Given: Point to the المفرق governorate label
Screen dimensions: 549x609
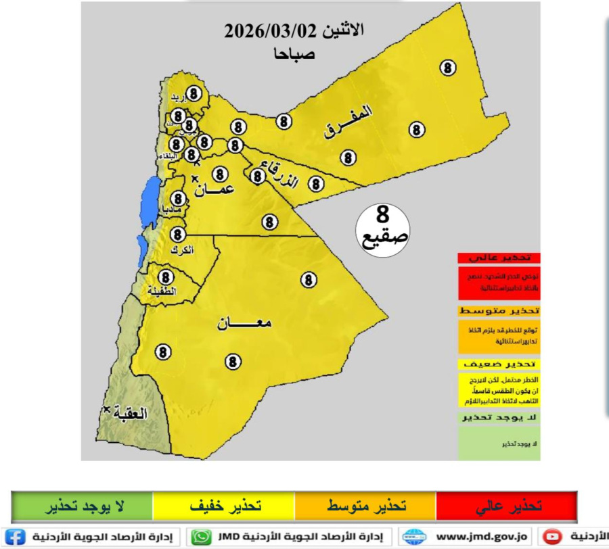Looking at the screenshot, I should pos(348,122).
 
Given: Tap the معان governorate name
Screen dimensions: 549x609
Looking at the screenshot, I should pos(244,324).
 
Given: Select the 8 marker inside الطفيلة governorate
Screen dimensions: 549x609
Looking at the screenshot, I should pos(166,277).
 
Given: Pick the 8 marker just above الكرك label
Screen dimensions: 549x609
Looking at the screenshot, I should pos(178,235).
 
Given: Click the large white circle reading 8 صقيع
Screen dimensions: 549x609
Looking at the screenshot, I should pos(382,231).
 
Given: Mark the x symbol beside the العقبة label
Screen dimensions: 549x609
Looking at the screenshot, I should pos(107,410).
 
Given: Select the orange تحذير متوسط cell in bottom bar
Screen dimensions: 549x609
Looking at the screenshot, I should pos(365,506).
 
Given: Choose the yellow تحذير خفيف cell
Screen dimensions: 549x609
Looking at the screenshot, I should pos(224,506).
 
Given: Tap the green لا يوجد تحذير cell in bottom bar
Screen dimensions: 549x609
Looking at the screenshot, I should pos(83,506).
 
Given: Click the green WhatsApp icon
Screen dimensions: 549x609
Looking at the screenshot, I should pos(201,537).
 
